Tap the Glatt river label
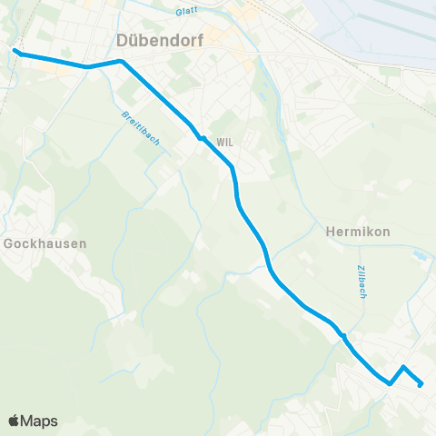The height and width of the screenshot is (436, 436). [187, 12]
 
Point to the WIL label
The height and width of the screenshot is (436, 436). [225, 141]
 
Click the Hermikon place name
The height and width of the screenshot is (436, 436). [357, 232]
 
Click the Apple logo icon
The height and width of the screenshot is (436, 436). [15, 421]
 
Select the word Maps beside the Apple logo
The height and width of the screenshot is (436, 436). [40, 421]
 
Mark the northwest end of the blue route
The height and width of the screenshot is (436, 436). [15, 52]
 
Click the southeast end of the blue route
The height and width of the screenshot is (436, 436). [421, 384]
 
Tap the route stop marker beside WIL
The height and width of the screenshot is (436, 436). [202, 138]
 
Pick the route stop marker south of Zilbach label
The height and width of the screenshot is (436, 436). [343, 336]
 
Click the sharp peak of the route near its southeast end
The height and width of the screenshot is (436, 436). [403, 367]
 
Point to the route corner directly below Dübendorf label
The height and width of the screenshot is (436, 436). [121, 62]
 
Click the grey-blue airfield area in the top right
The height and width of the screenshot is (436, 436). [381, 27]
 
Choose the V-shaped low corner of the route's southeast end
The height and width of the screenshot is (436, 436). [390, 383]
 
